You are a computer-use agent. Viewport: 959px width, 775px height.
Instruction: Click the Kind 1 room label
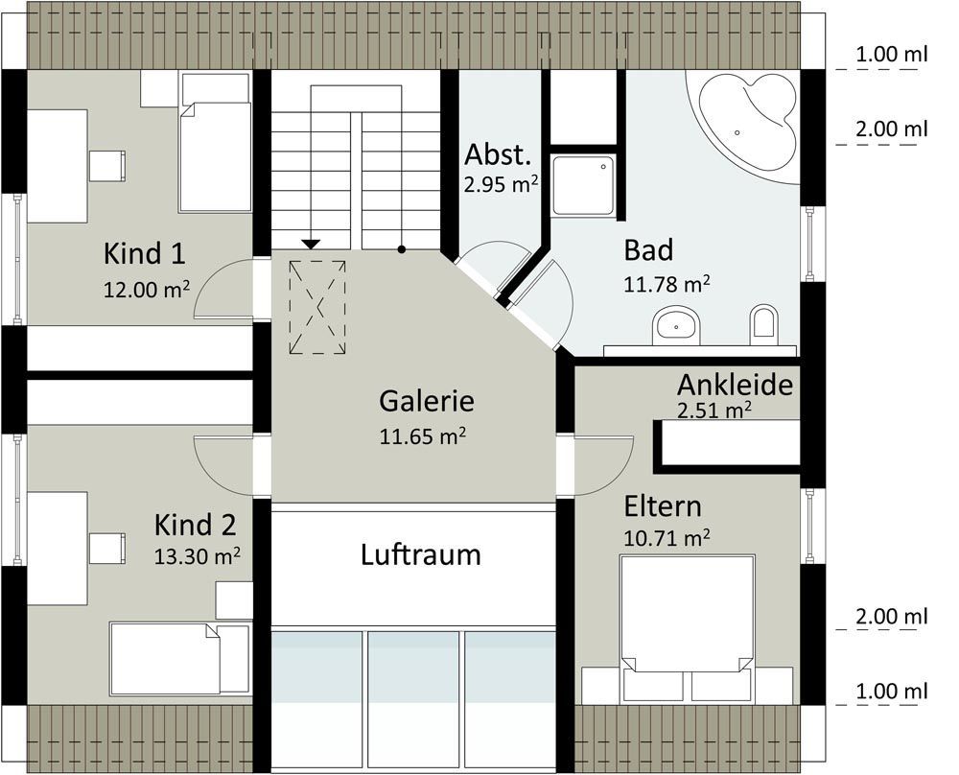[145, 253]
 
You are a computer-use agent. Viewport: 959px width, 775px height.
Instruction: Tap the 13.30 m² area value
[197, 556]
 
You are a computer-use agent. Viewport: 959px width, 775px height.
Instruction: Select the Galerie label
[427, 401]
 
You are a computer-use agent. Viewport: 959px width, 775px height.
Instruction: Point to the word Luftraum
[421, 554]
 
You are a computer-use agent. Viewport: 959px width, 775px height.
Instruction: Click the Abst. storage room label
[498, 154]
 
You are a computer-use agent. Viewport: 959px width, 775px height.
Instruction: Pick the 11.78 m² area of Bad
[667, 284]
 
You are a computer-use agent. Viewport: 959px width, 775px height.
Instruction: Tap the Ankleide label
[735, 385]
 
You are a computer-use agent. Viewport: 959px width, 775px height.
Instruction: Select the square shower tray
[583, 185]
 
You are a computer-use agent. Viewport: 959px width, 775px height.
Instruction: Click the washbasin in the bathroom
[676, 325]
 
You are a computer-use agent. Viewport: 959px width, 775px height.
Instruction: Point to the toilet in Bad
[764, 321]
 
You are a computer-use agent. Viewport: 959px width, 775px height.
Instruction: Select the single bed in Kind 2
[180, 658]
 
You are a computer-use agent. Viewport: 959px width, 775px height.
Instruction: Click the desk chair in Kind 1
[107, 166]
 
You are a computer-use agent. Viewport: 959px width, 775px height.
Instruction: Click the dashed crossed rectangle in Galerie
[317, 307]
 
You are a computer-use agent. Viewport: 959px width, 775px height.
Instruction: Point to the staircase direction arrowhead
[312, 245]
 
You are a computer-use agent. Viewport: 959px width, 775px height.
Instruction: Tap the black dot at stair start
[401, 249]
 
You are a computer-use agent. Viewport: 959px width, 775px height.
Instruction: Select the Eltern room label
[663, 507]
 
